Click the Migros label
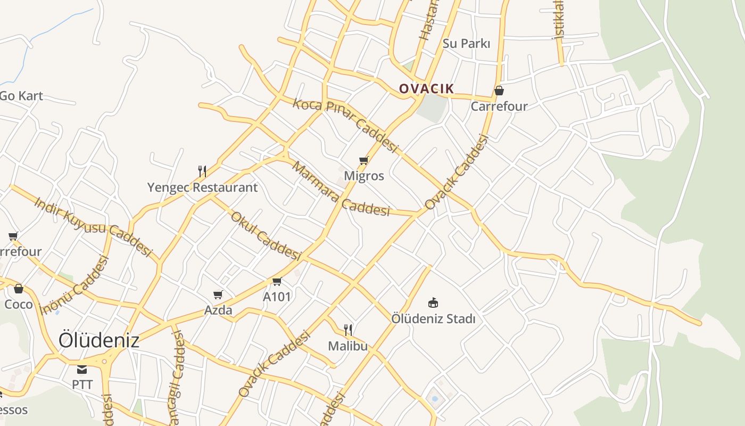[x=364, y=176]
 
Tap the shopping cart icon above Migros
[x=364, y=160]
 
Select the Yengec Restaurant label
[x=202, y=187]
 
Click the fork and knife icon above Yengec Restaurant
[x=202, y=171]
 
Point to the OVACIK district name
[x=426, y=89]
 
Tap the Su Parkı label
[x=466, y=44]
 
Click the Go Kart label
[x=21, y=96]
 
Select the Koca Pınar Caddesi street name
[x=345, y=125]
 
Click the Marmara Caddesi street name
[x=341, y=190]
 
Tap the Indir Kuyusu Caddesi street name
[x=93, y=226]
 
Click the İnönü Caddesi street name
[x=74, y=285]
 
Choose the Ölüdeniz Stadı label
[x=433, y=318]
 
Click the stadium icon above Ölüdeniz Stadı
[x=433, y=303]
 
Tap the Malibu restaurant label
[x=347, y=346]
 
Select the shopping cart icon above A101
[x=277, y=281]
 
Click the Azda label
[x=218, y=310]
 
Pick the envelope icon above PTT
[x=82, y=370]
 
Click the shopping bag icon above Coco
[x=19, y=289]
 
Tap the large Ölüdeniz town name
[x=99, y=340]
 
